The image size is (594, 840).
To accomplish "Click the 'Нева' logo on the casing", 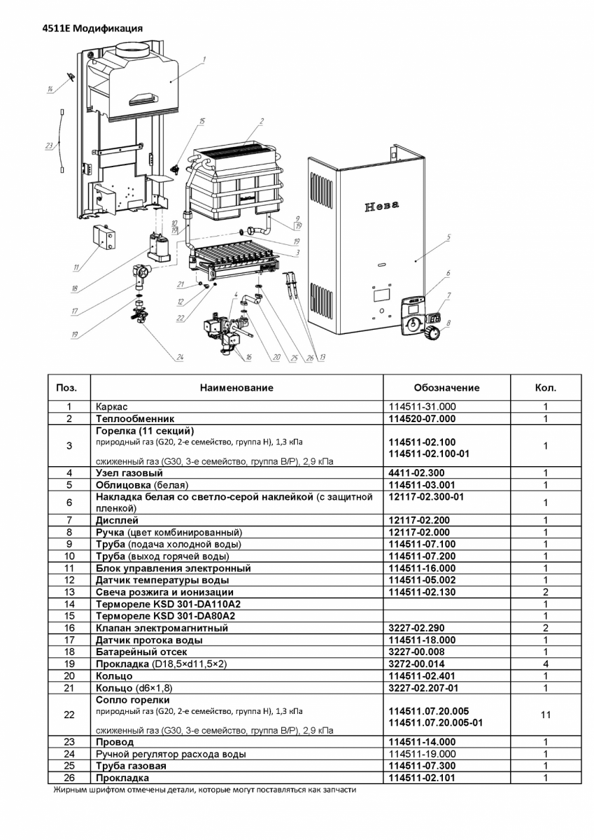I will click(382, 206).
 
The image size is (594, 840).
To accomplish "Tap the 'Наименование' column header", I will click(236, 387).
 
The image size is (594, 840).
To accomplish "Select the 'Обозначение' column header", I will click(446, 387).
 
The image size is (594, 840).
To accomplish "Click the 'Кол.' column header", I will click(545, 387).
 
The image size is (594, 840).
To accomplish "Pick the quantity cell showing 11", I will click(545, 715).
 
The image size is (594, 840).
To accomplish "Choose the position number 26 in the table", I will click(69, 778).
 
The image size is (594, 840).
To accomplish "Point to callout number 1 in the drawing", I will click(204, 59).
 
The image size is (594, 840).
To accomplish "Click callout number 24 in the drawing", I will click(180, 358).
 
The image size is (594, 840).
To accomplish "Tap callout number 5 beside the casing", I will click(448, 237).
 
